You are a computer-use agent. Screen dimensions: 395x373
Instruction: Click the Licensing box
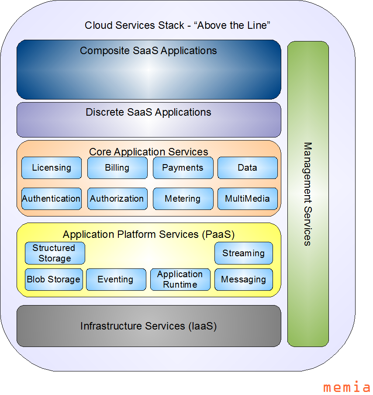pyautogui.click(x=52, y=168)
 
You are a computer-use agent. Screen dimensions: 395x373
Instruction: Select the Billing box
pyautogui.click(x=117, y=168)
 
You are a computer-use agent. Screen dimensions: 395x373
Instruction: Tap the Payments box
pyautogui.click(x=183, y=168)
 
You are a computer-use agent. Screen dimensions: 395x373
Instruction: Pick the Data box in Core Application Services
pyautogui.click(x=247, y=168)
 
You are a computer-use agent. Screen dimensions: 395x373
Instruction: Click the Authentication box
pyautogui.click(x=52, y=199)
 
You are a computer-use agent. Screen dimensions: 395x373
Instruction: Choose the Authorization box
pyautogui.click(x=117, y=199)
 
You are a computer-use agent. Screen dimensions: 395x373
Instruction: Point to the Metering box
pyautogui.click(x=183, y=199)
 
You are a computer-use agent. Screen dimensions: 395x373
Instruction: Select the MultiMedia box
pyautogui.click(x=247, y=199)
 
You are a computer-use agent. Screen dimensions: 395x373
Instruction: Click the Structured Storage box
pyautogui.click(x=55, y=253)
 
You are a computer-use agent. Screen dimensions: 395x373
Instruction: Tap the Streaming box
pyautogui.click(x=243, y=253)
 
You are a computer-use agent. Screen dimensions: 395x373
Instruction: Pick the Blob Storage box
pyautogui.click(x=54, y=279)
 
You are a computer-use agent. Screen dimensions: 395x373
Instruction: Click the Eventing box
pyautogui.click(x=116, y=279)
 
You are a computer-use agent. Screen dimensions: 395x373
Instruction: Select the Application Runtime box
pyautogui.click(x=180, y=279)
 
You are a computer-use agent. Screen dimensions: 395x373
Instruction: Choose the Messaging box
pyautogui.click(x=243, y=279)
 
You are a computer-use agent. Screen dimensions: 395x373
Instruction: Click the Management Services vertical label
pyautogui.click(x=307, y=194)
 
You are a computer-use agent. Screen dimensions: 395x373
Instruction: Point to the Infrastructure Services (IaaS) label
pyautogui.click(x=149, y=326)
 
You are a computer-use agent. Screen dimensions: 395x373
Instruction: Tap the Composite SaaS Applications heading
pyautogui.click(x=149, y=51)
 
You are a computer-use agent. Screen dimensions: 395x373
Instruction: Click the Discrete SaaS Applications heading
pyautogui.click(x=149, y=112)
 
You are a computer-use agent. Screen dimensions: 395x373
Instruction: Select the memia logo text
pyautogui.click(x=347, y=387)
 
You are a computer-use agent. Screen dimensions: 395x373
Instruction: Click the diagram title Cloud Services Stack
pyautogui.click(x=177, y=25)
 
